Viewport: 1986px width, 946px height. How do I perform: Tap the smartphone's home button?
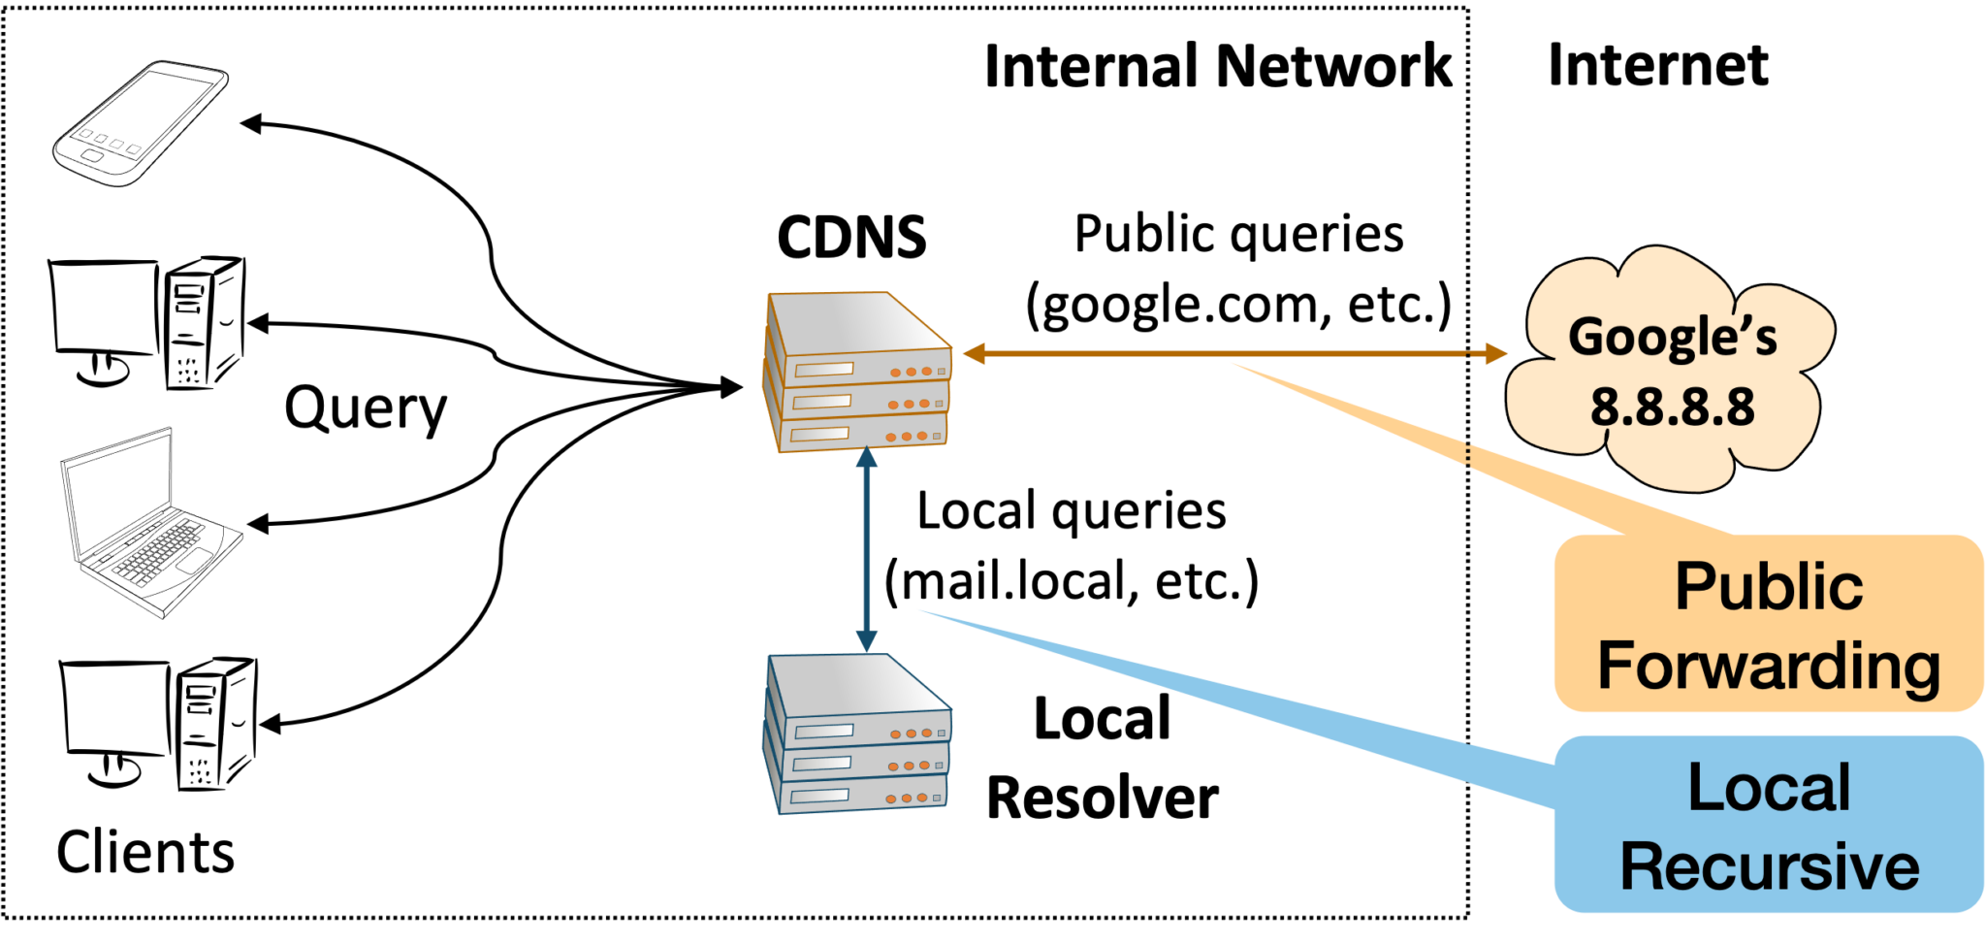pyautogui.click(x=92, y=155)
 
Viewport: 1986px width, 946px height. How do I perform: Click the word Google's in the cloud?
pyautogui.click(x=1673, y=338)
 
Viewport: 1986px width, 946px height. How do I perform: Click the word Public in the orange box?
pyautogui.click(x=1769, y=587)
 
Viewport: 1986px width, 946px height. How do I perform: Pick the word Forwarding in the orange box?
pyautogui.click(x=1769, y=666)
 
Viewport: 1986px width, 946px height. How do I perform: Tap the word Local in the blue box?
pyautogui.click(x=1769, y=787)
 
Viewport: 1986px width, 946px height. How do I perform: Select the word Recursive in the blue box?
pyautogui.click(x=1769, y=866)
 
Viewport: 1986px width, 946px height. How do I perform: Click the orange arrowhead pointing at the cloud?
pyautogui.click(x=1494, y=354)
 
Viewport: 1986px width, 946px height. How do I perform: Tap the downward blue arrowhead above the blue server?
pyautogui.click(x=866, y=640)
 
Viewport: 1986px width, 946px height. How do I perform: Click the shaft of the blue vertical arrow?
pyautogui.click(x=866, y=548)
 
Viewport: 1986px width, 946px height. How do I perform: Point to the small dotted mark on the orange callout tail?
pyautogui.click(x=1467, y=456)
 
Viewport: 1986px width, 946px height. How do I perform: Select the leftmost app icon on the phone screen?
pyautogui.click(x=85, y=134)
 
